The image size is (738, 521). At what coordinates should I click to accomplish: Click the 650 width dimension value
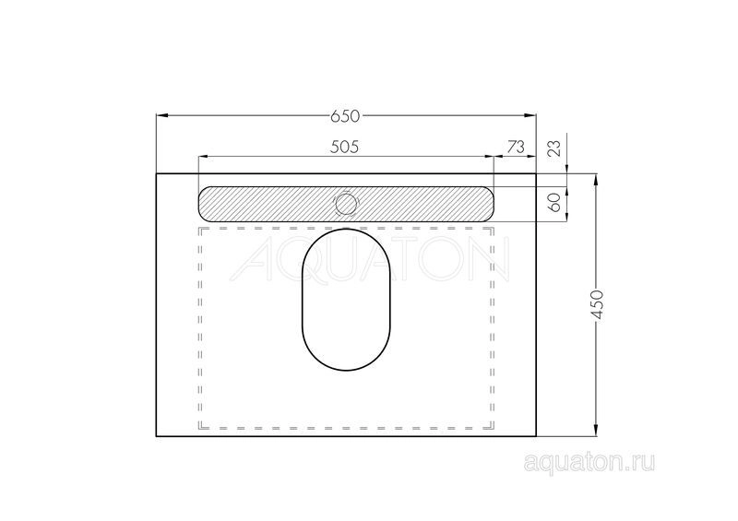click(344, 116)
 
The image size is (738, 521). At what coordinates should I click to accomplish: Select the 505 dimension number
click(344, 147)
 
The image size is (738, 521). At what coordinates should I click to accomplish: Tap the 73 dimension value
click(516, 147)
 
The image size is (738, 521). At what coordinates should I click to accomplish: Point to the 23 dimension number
click(555, 148)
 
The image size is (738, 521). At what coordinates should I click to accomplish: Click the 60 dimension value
click(555, 202)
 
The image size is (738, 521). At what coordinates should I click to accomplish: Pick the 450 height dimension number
click(596, 305)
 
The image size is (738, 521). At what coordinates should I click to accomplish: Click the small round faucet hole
click(346, 204)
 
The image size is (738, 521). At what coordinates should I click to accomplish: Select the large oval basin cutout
click(346, 300)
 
